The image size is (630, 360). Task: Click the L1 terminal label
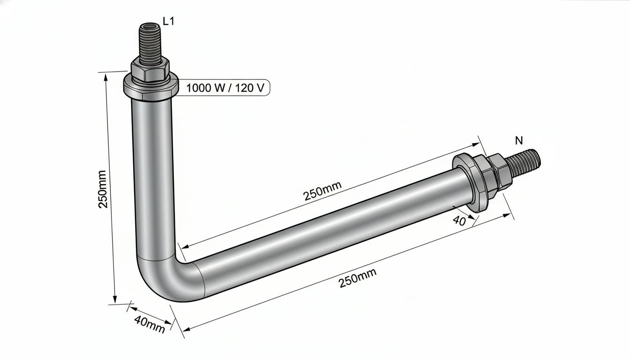click(x=168, y=21)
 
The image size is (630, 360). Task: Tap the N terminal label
click(x=519, y=140)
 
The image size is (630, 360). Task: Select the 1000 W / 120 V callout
click(x=225, y=88)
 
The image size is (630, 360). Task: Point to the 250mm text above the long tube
click(x=322, y=191)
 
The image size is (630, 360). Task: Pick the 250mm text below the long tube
click(x=358, y=278)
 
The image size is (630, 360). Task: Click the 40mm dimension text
click(x=150, y=324)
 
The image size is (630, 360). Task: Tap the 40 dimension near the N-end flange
click(x=459, y=221)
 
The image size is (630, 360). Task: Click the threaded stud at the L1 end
click(x=150, y=44)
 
